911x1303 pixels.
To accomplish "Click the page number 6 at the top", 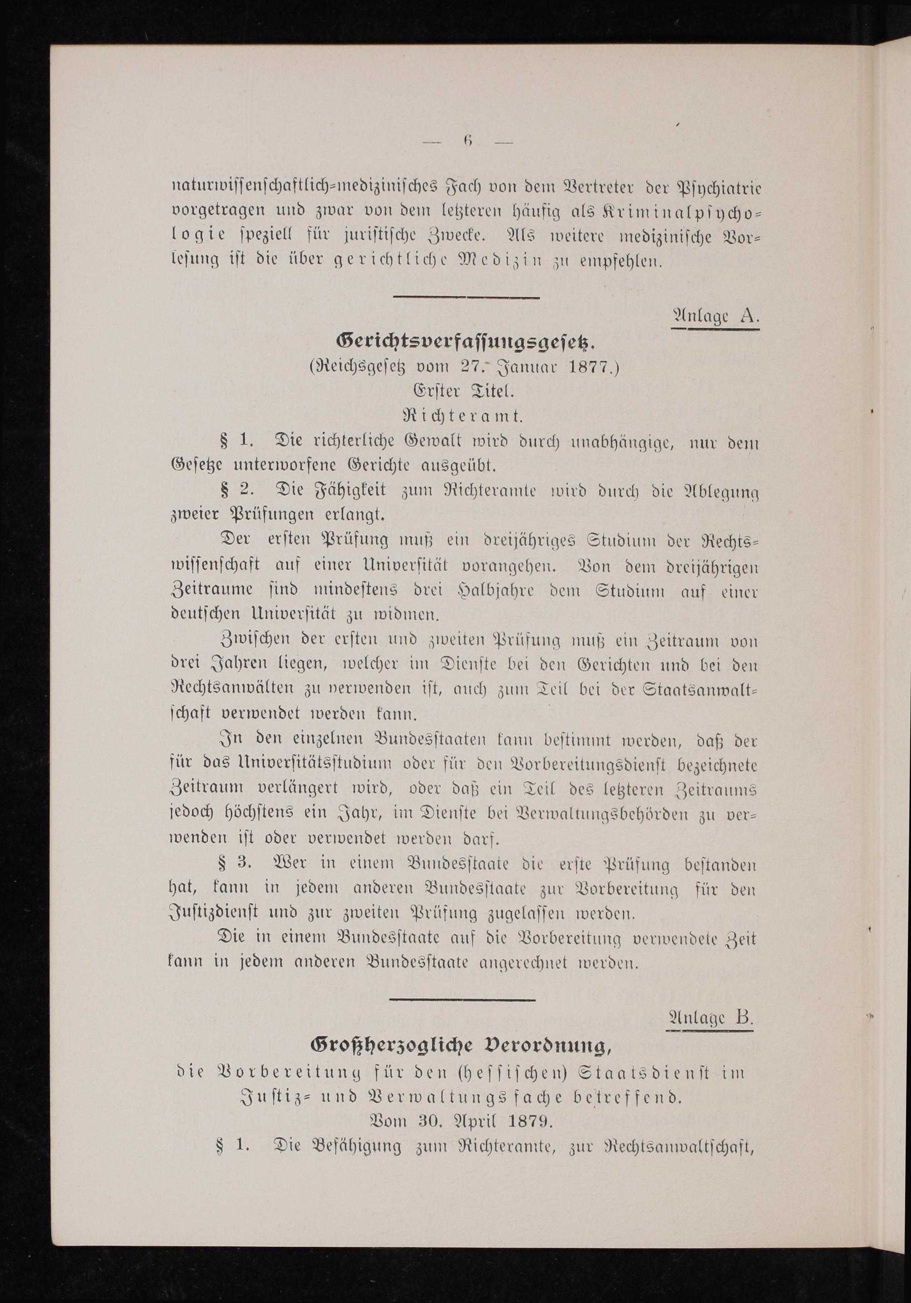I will point(468,143).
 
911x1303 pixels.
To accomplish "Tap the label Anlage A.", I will point(715,316).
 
